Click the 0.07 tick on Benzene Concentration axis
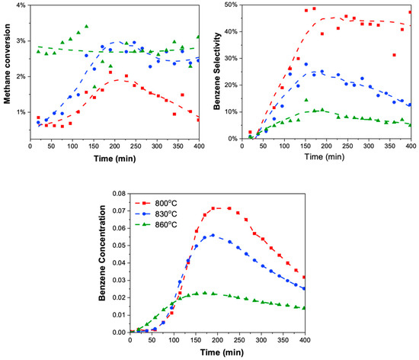point(119,189)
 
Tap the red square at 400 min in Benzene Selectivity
point(411,12)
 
